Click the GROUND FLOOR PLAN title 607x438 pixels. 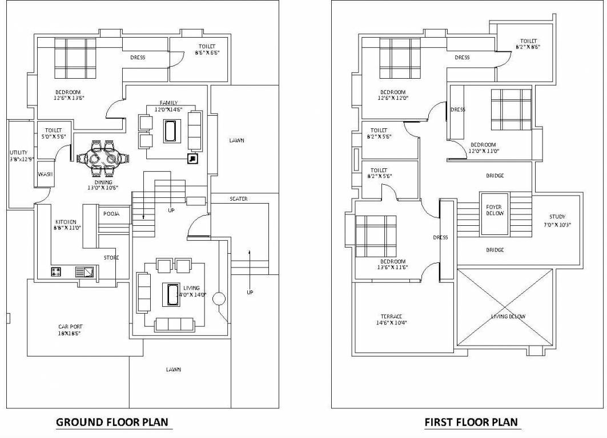(113, 422)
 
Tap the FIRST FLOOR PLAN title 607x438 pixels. (471, 422)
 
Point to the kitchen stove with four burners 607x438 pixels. (56, 272)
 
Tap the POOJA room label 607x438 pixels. (111, 214)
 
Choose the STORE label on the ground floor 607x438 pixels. (111, 258)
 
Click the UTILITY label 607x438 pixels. (18, 153)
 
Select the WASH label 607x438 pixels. (46, 175)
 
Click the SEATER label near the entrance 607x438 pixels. (238, 199)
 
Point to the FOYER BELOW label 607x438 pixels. (494, 210)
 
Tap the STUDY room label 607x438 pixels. (557, 217)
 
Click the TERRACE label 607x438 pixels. (391, 317)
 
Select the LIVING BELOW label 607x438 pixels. (508, 317)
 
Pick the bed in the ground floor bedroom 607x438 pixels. (75, 58)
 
